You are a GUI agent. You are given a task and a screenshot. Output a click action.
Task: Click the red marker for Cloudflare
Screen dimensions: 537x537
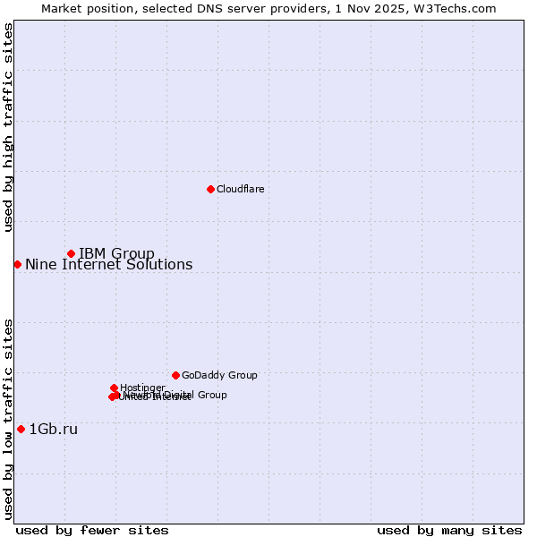point(210,189)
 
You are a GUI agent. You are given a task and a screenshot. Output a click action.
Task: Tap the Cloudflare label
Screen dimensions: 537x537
point(240,189)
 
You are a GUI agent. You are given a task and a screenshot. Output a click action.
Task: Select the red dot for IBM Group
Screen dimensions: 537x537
point(71,253)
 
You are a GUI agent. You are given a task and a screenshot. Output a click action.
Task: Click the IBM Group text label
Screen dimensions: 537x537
point(116,253)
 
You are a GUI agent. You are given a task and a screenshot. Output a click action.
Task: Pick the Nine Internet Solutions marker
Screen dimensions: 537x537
point(17,264)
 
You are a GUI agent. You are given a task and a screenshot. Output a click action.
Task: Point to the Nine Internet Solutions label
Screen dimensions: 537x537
point(108,264)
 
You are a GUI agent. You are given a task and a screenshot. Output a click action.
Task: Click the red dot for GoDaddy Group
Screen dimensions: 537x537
point(175,375)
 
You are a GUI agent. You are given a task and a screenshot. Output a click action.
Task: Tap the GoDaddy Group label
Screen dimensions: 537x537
point(219,375)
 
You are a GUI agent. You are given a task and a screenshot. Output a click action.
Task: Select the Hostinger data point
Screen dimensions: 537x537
point(114,388)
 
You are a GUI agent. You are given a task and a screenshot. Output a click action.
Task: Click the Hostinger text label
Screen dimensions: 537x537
point(142,388)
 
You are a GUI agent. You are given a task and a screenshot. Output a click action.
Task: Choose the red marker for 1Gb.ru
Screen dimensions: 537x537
point(21,429)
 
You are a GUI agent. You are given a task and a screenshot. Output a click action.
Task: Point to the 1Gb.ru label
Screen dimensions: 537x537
point(54,429)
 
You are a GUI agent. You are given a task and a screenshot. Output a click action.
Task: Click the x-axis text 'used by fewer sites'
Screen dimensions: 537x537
point(92,530)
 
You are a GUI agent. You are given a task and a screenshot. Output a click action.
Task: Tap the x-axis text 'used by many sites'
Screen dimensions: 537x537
point(449,530)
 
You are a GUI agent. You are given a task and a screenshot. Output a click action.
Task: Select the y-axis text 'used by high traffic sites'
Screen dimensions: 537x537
point(8,127)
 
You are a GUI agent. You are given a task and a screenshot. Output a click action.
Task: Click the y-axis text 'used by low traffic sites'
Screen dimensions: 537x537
point(8,418)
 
